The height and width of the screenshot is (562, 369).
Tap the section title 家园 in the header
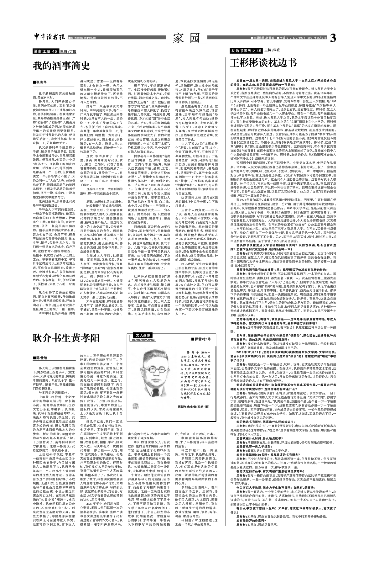coord(186,38)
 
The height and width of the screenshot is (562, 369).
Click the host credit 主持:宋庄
coord(272,50)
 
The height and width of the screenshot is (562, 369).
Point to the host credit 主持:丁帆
coord(68,51)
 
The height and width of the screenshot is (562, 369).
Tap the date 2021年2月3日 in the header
coord(316,38)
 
